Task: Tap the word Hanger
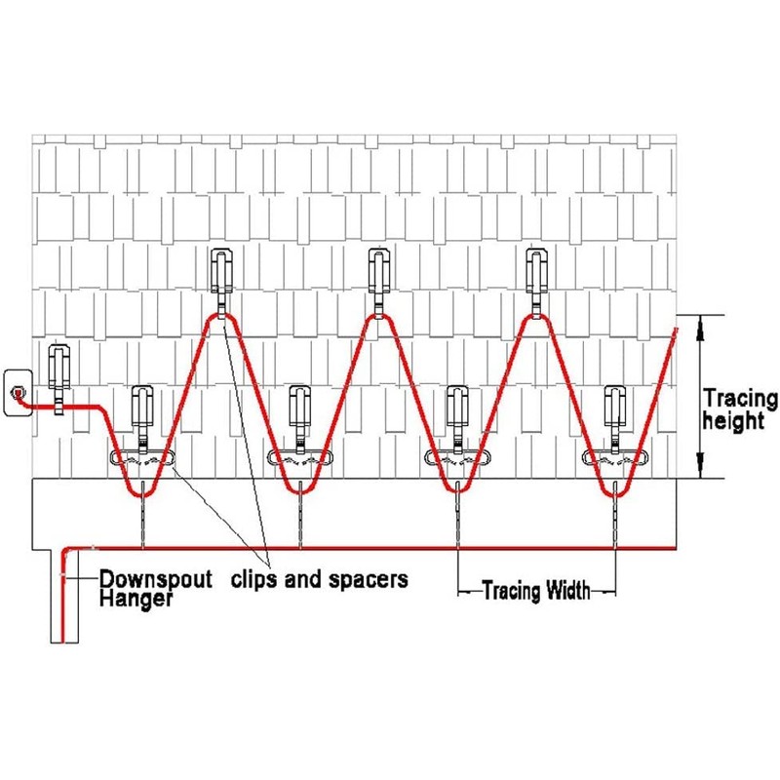136,599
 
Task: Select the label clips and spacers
319,579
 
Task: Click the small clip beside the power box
58,373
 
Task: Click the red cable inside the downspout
62,604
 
